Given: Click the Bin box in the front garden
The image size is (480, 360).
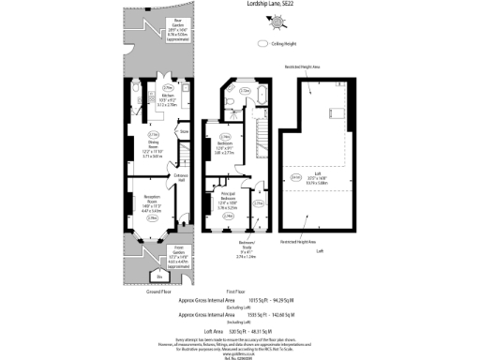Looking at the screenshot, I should (158, 277).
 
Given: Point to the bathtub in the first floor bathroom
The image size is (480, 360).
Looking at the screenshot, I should (260, 97).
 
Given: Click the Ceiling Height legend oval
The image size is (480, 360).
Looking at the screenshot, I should (259, 44).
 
